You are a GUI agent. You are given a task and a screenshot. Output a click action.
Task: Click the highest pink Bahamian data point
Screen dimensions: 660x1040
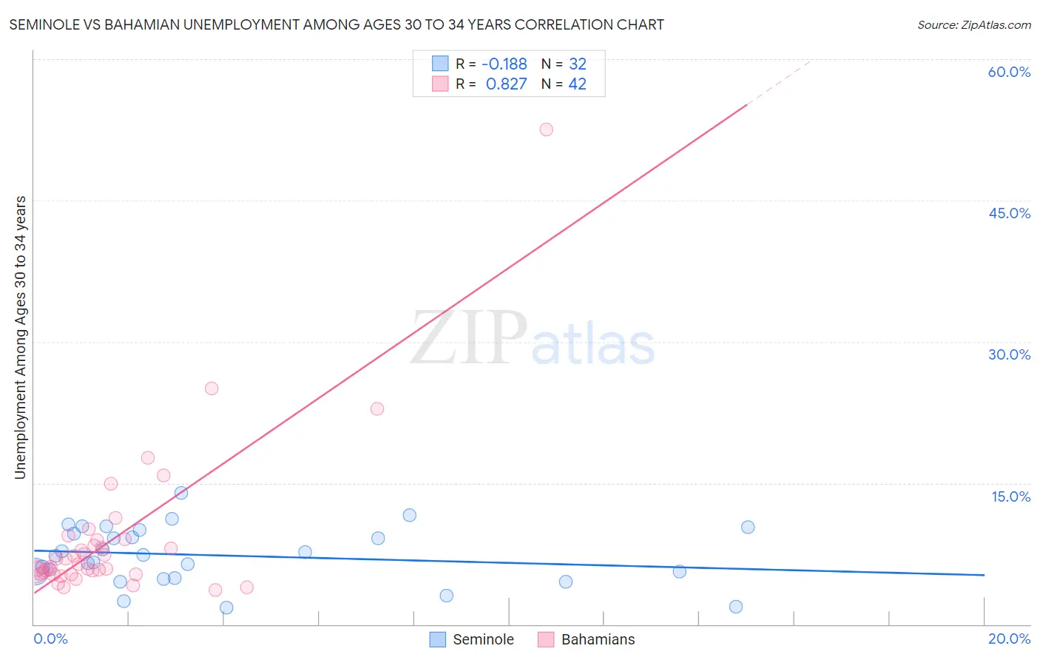(x=546, y=129)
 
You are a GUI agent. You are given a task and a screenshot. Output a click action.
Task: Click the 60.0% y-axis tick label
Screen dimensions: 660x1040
(x=1009, y=72)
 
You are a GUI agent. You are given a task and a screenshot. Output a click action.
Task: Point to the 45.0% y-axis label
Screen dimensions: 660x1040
(x=1009, y=213)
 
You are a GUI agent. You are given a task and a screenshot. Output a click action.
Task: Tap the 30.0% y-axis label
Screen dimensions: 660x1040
(x=1009, y=354)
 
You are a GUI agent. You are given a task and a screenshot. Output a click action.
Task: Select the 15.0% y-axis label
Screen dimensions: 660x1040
(x=1010, y=496)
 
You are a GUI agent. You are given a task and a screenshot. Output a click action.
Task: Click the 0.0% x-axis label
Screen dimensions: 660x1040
(x=50, y=639)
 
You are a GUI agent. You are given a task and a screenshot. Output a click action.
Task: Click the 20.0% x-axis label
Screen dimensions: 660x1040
(x=1009, y=639)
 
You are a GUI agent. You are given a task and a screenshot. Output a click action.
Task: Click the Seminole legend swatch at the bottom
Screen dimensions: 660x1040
(x=438, y=639)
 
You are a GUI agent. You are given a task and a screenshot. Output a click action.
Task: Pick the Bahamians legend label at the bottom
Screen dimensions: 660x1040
(x=598, y=639)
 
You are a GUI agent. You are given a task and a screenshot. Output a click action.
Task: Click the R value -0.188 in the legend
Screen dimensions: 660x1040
(x=504, y=64)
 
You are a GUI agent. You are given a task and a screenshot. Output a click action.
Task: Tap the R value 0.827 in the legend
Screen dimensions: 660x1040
(x=506, y=84)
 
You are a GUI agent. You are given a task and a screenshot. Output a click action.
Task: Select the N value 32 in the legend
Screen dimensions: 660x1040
(x=577, y=64)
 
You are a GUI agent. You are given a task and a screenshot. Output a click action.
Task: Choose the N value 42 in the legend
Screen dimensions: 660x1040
(x=577, y=84)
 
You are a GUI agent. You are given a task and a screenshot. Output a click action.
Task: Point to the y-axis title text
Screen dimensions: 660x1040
(x=21, y=337)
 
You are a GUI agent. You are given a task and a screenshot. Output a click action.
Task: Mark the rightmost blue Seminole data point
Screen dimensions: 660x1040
(x=748, y=527)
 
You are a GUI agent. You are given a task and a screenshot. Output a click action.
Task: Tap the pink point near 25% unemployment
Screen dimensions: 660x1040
(x=212, y=388)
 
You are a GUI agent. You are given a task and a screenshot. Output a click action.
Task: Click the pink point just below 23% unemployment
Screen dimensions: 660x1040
(x=377, y=408)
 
